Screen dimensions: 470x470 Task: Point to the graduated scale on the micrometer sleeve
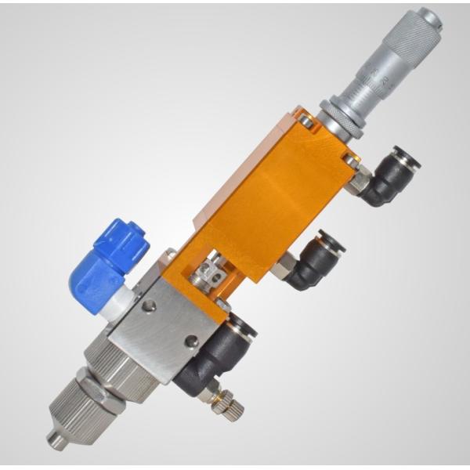click(374, 78)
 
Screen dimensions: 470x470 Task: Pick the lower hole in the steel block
click(189, 342)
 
